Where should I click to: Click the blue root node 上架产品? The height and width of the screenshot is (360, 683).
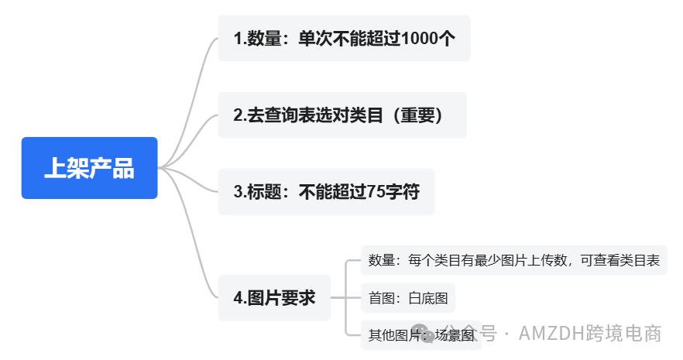(x=89, y=168)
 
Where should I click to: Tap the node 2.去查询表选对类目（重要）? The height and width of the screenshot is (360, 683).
(x=341, y=115)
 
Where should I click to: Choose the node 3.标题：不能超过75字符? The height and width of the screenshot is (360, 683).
(x=326, y=191)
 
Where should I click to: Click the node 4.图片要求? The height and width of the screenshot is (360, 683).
(x=274, y=297)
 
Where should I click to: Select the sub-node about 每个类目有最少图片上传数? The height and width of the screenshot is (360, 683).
(x=513, y=260)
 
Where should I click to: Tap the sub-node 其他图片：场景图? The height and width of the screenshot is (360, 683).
(x=420, y=335)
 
